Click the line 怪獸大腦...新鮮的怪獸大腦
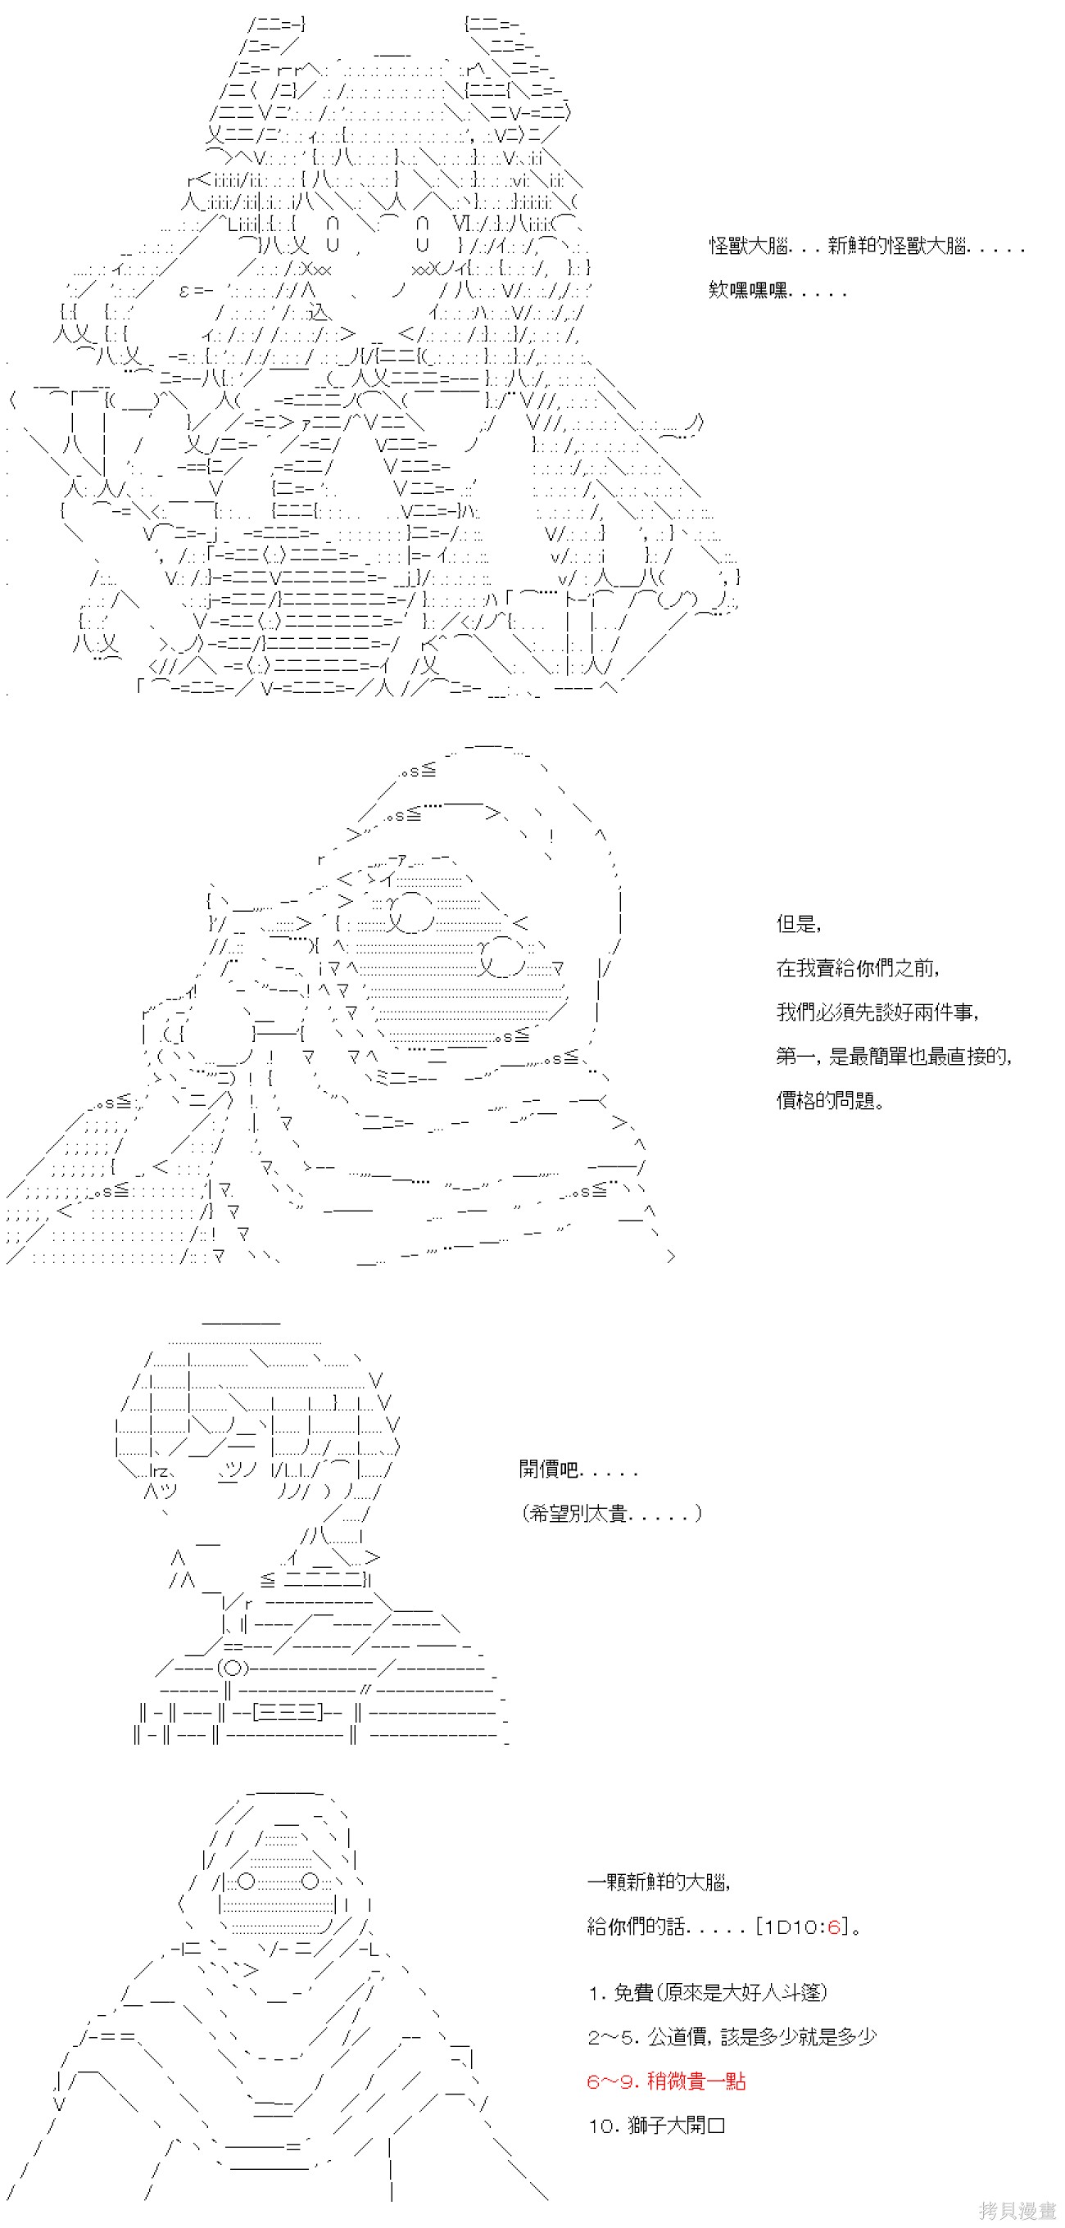pyautogui.click(x=865, y=247)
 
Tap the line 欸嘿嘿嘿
pyautogui.click(x=776, y=291)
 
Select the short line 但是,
pyautogui.click(x=798, y=924)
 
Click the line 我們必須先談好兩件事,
pyautogui.click(x=877, y=1012)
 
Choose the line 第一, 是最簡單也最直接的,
pyautogui.click(x=894, y=1056)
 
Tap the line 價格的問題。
pyautogui.click(x=830, y=1100)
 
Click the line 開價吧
pyautogui.click(x=578, y=1469)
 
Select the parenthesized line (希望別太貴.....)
pyautogui.click(x=612, y=1513)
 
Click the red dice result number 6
pyautogui.click(x=833, y=1926)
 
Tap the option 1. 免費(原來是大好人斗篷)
pyautogui.click(x=708, y=1993)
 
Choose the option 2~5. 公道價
pyautogui.click(x=732, y=2037)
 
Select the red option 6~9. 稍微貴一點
pyautogui.click(x=666, y=2081)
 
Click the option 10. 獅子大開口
pyautogui.click(x=657, y=2125)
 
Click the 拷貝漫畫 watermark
pyautogui.click(x=1018, y=2210)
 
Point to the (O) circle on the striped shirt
pyautogui.click(x=232, y=1668)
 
